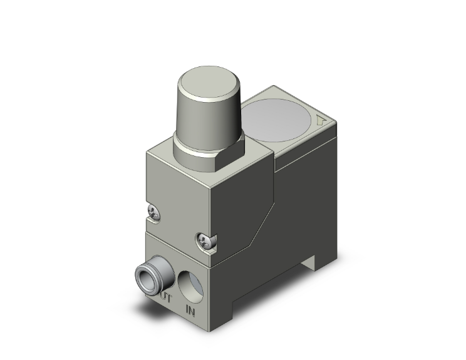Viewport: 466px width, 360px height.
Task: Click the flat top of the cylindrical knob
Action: click(x=206, y=83)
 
